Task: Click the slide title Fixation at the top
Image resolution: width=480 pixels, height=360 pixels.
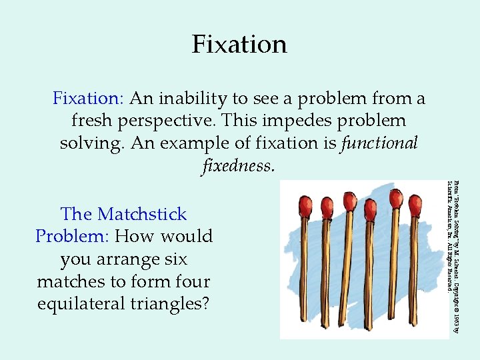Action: (x=239, y=45)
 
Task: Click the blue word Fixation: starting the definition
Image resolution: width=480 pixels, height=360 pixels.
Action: (x=88, y=99)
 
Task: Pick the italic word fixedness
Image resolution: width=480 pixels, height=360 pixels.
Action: (x=238, y=165)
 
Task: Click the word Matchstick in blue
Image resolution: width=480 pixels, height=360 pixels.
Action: (x=142, y=215)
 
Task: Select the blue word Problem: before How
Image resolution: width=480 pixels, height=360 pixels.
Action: (x=73, y=237)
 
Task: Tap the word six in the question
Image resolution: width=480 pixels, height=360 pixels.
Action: (x=174, y=259)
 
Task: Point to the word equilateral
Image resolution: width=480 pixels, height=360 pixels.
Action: (x=75, y=304)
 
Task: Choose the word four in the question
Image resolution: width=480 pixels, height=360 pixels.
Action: (x=192, y=282)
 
